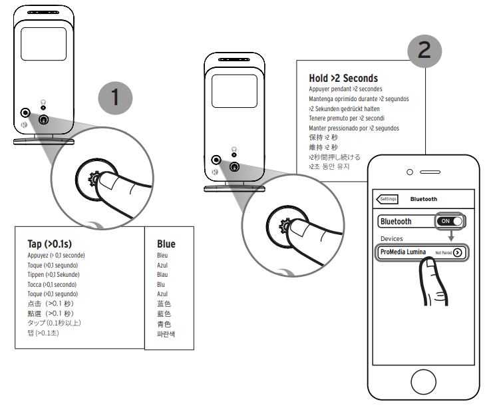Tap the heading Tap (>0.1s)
pos(51,244)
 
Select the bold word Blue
pos(166,244)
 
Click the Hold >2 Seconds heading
pos(343,78)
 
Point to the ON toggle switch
pos(450,221)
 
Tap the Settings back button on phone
pos(387,198)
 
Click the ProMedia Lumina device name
pos(403,252)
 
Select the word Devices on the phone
pos(391,238)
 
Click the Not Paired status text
pos(443,253)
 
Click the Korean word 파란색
pos(166,334)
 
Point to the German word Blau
pos(162,274)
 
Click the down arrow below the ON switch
pos(450,236)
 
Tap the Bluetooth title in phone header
pos(424,198)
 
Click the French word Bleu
pos(162,255)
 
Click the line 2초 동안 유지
pos(329,166)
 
